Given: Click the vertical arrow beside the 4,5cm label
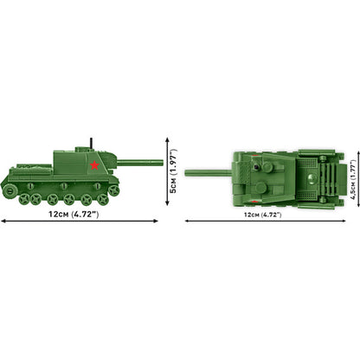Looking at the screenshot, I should (x=343, y=181).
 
